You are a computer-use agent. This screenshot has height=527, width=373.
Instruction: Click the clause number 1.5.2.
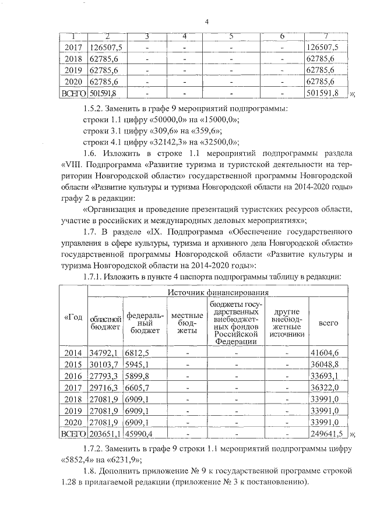click(x=94, y=107)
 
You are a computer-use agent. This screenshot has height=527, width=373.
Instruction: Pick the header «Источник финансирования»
click(x=219, y=292)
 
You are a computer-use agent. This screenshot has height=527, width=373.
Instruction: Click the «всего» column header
click(x=329, y=322)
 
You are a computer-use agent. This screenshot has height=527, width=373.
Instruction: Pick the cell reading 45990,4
click(x=139, y=434)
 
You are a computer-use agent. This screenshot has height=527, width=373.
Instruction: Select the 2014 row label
click(x=73, y=353)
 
